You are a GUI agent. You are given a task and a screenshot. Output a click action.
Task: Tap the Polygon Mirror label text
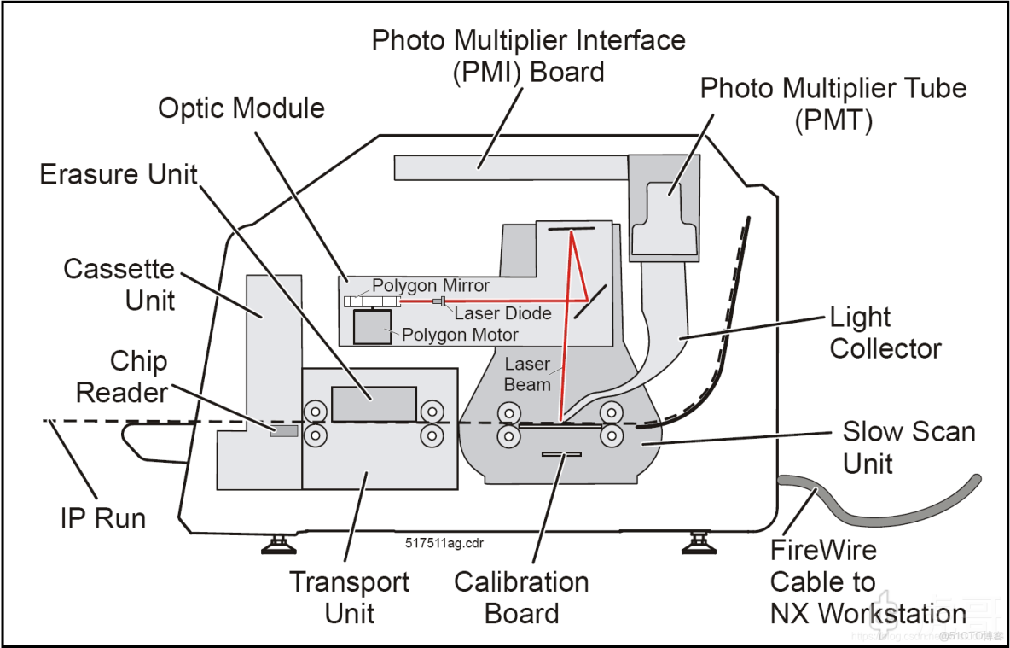pos(432,285)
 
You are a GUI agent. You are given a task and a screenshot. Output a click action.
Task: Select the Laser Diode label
pos(503,313)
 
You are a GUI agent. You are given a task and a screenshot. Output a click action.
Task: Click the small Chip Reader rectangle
pos(284,430)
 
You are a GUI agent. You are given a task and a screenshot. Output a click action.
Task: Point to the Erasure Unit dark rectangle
pos(374,405)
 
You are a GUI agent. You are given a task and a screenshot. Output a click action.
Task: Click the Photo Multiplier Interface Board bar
pos(510,167)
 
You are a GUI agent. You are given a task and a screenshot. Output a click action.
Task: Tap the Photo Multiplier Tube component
pos(665,219)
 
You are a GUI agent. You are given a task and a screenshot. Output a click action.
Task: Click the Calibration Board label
pos(521,598)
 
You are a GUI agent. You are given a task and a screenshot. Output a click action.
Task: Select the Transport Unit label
pos(349,598)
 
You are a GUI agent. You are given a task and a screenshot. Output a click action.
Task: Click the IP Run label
pos(103,517)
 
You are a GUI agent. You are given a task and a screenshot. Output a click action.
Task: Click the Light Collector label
pos(885,333)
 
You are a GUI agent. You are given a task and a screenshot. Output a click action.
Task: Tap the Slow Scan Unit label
pos(908,447)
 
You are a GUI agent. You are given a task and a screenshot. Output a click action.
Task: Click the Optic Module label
pos(241,108)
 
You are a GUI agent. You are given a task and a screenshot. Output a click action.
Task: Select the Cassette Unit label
pos(119,285)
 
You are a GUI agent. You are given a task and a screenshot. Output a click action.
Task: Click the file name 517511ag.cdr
pos(444,542)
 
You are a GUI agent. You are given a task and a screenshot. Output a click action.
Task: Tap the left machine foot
pos(279,545)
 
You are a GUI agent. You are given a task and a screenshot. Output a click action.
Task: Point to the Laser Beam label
pos(527,375)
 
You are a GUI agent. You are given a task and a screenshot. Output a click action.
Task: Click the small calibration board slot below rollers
pos(561,454)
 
